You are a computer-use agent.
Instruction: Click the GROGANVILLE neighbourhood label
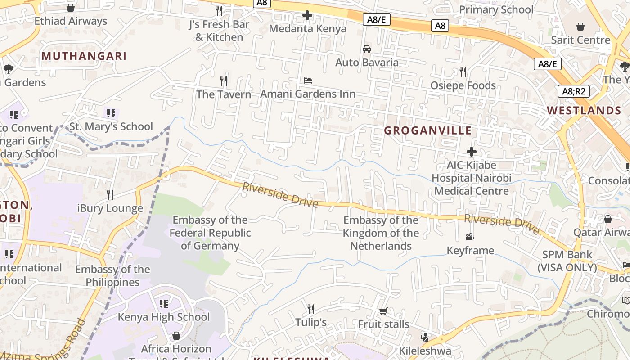[427, 131]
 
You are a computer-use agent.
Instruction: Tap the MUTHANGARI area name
[84, 56]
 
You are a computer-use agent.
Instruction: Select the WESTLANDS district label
[584, 111]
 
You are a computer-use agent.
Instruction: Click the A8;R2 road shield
[574, 92]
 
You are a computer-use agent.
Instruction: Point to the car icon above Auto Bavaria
[367, 49]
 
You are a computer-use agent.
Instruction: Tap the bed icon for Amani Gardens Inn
[308, 81]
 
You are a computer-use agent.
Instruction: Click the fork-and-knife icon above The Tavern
[224, 81]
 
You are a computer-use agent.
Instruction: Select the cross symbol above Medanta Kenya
[307, 16]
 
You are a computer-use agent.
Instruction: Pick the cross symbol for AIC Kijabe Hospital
[471, 152]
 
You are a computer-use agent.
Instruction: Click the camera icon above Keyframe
[470, 237]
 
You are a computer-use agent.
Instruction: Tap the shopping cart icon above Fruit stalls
[383, 311]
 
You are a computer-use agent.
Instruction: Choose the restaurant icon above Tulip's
[311, 309]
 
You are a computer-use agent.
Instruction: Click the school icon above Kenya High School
[164, 304]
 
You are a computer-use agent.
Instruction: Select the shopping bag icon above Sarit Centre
[580, 27]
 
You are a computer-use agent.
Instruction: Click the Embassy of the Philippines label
[112, 276]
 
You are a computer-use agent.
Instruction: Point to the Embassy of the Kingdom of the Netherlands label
[381, 233]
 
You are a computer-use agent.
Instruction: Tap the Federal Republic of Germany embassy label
[210, 233]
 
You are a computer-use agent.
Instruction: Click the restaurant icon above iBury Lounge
[110, 195]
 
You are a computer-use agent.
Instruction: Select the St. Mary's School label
[111, 127]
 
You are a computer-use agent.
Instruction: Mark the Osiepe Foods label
[463, 85]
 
